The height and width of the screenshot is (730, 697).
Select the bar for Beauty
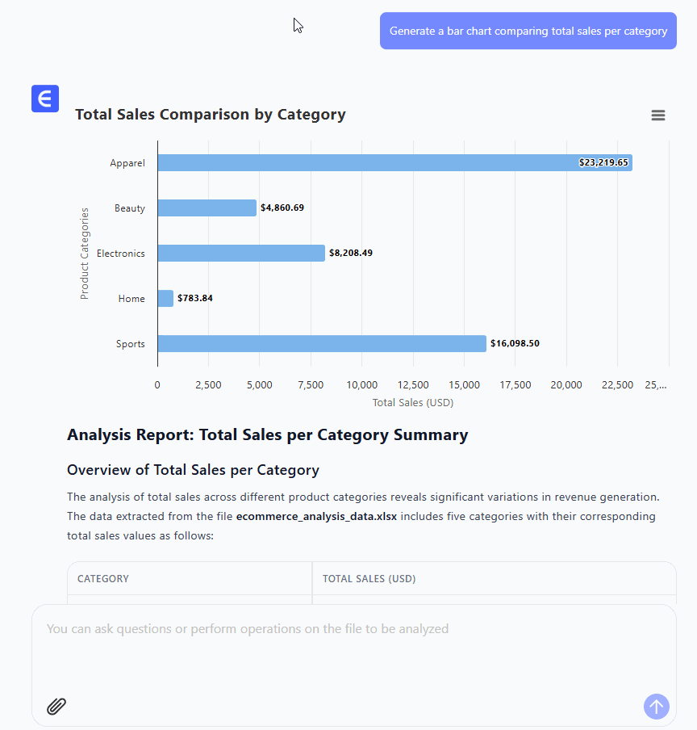click(x=207, y=208)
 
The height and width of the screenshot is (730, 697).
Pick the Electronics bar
click(x=241, y=254)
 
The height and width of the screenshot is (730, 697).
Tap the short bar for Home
click(x=165, y=299)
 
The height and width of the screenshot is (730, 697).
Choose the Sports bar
click(x=322, y=344)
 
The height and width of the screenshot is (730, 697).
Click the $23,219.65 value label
click(x=603, y=163)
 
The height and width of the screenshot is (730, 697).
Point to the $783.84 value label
click(x=195, y=299)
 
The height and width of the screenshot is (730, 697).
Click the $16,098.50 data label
click(x=515, y=344)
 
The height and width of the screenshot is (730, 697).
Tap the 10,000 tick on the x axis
click(x=361, y=385)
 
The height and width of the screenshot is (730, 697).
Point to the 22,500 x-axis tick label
click(x=617, y=385)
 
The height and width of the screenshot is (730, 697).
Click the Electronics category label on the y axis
click(x=121, y=254)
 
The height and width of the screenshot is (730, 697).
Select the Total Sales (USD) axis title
click(x=413, y=402)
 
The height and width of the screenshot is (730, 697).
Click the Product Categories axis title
click(x=85, y=254)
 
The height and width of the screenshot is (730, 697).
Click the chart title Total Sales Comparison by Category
click(x=211, y=115)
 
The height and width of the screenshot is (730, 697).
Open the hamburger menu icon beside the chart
click(x=658, y=115)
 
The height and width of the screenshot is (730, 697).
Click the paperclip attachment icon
click(x=56, y=707)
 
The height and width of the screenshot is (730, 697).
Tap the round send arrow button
click(x=657, y=707)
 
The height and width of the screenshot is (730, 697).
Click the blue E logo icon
click(x=45, y=99)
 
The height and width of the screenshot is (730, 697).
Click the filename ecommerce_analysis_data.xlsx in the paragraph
click(x=316, y=517)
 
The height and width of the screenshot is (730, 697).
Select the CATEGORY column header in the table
click(x=103, y=579)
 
